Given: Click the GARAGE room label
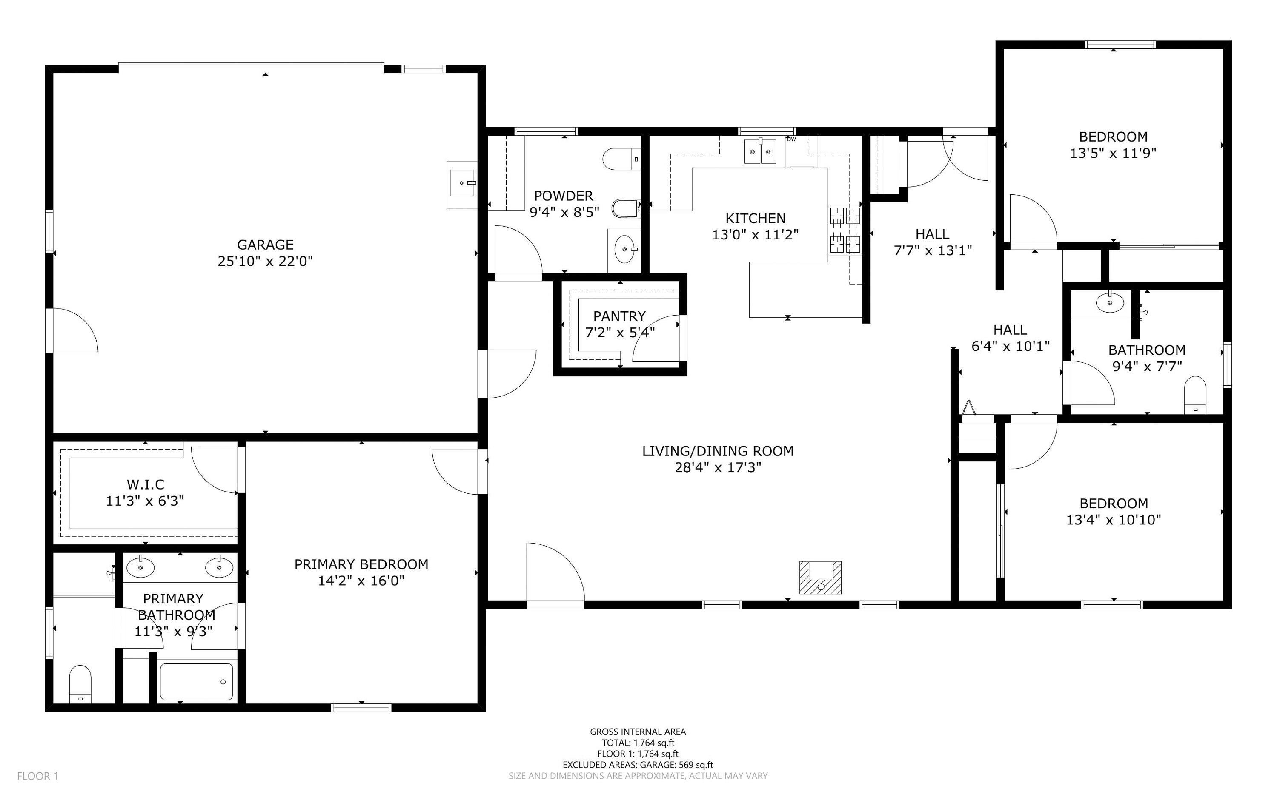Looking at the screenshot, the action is click(265, 245).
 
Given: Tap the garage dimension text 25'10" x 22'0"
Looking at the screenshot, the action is click(265, 261).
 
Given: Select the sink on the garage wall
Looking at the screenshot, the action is click(462, 184).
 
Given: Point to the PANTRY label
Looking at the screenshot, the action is click(619, 316).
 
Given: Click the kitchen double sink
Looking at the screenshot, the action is click(760, 152).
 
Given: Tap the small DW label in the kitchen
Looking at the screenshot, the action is click(791, 139).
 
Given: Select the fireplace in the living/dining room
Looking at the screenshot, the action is click(820, 578).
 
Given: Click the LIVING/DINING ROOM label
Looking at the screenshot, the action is click(718, 451).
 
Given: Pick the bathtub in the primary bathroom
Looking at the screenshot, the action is click(196, 682).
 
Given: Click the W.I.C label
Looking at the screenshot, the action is click(146, 484).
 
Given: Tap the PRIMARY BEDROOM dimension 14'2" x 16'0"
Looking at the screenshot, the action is click(361, 581).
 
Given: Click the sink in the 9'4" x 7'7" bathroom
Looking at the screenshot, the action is click(1110, 302).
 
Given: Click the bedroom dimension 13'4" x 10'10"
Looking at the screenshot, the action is click(1114, 520).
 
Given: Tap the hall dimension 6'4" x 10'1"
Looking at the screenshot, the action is click(1010, 346).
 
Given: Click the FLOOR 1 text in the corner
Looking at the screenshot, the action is click(38, 776).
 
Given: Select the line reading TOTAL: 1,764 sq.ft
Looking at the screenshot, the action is click(638, 743).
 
